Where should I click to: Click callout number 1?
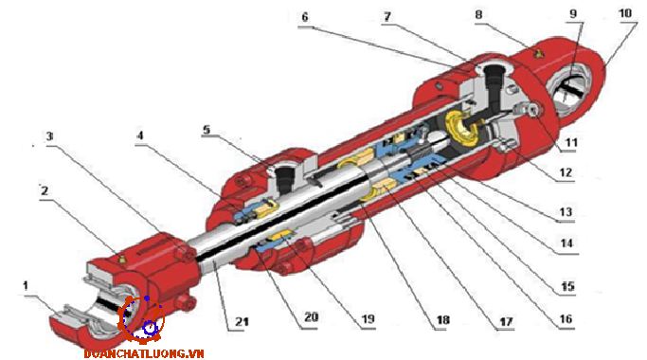click(26, 286)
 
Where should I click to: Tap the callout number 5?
click(207, 130)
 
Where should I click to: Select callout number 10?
click(625, 13)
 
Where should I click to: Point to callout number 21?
click(242, 321)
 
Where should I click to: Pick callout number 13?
click(566, 212)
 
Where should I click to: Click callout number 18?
click(442, 320)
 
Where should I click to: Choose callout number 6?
click(305, 17)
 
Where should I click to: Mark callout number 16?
click(566, 318)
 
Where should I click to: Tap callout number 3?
click(50, 135)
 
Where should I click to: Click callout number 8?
click(478, 15)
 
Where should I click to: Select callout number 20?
click(311, 317)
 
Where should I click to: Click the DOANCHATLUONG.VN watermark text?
click(144, 353)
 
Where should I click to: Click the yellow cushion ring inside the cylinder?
click(461, 129)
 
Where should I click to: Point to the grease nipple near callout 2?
click(121, 260)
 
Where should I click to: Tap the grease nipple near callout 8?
click(538, 53)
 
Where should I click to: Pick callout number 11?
click(570, 143)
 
